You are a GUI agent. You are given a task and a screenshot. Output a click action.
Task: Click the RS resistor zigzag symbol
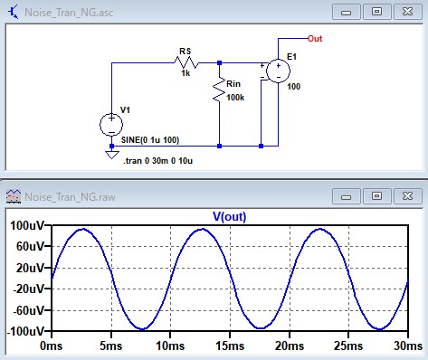[186, 62]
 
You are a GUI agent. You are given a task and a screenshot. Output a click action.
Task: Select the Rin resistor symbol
[219, 90]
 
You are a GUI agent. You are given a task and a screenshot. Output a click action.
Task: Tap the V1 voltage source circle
[111, 124]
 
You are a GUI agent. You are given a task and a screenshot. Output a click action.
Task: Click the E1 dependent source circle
[278, 71]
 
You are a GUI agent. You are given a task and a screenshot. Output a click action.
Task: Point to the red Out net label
[315, 39]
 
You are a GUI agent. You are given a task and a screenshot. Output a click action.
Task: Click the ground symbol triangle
[111, 155]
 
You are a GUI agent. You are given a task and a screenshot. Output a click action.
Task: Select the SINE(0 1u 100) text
[150, 140]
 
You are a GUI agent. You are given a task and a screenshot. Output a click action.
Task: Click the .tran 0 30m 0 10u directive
[157, 161]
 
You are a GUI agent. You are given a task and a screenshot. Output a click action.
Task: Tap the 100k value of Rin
[235, 98]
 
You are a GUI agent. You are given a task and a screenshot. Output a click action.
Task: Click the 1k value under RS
[185, 73]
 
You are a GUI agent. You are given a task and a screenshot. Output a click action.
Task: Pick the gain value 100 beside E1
[293, 87]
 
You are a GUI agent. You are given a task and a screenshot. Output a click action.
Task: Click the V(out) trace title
[230, 216]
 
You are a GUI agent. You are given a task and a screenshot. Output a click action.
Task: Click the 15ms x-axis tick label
[230, 346]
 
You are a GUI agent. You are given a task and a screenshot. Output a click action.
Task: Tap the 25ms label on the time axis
[348, 346]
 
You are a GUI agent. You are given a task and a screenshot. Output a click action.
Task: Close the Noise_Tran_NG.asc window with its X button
[407, 12]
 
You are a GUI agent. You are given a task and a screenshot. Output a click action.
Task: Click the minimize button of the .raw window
[347, 196]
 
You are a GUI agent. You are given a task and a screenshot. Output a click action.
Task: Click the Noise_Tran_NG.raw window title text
[70, 197]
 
